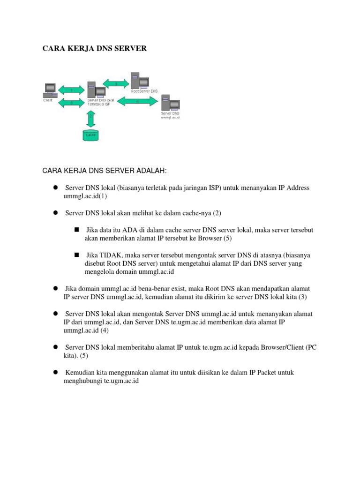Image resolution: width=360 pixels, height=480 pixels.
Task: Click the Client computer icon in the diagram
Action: click(x=50, y=90)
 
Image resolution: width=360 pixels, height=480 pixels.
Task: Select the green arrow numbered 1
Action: click(x=71, y=90)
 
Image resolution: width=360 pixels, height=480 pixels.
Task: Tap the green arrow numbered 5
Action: click(x=71, y=102)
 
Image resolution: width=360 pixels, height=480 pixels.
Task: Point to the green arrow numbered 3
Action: click(x=116, y=83)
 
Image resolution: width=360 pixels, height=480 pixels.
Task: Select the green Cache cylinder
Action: click(x=91, y=135)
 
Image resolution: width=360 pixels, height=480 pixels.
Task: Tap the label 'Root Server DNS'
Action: click(x=145, y=91)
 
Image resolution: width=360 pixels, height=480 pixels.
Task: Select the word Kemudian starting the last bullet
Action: click(x=82, y=372)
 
